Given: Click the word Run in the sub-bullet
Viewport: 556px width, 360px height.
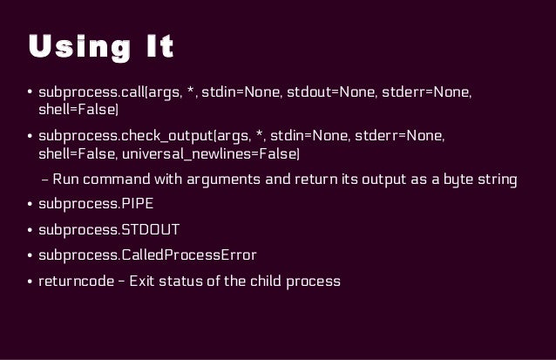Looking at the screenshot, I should click(66, 180).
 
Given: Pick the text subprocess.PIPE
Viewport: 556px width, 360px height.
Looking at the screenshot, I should click(96, 207).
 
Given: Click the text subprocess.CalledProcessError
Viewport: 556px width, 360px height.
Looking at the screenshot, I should click(147, 256).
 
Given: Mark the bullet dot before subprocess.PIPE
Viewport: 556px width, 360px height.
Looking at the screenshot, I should click(29, 207).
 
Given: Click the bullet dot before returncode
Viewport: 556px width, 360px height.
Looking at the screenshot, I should click(29, 282).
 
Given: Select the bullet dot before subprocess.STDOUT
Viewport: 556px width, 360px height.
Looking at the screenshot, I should click(29, 232).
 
